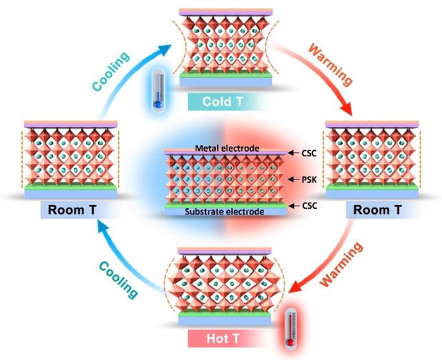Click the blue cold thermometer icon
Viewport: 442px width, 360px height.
156,91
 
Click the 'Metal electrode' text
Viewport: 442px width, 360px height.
218,149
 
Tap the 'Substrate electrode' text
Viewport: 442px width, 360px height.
218,211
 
